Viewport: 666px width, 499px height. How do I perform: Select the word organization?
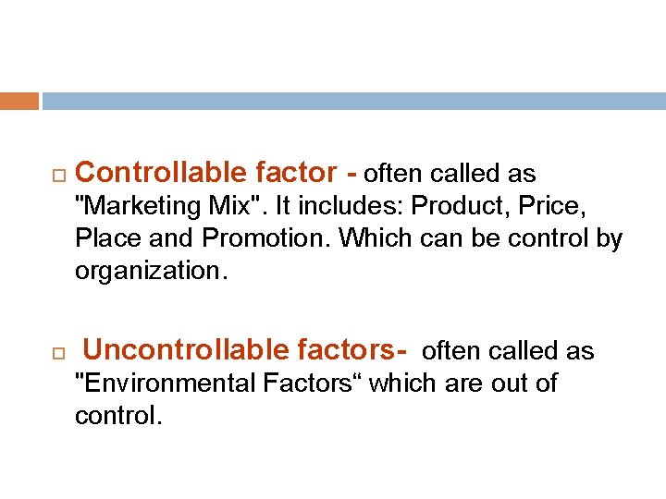click(150, 271)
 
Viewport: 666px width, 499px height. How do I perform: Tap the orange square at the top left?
click(19, 101)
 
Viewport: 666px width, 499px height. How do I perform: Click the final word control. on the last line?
click(118, 416)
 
